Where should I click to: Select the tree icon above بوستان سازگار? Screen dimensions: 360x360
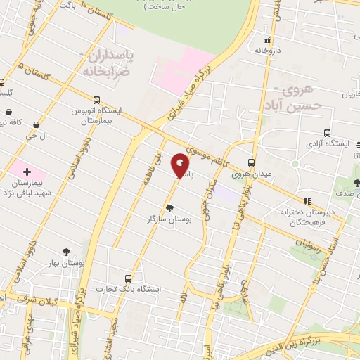point(169,207)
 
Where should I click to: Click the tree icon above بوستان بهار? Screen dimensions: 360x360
point(66,251)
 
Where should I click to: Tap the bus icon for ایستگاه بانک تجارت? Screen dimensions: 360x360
point(127,278)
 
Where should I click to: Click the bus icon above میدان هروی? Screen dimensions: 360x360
point(252,162)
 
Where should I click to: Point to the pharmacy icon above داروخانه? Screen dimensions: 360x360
point(267,39)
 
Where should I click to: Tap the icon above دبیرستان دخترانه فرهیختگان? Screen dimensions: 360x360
point(307,201)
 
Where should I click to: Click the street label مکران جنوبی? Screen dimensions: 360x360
point(209,202)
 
